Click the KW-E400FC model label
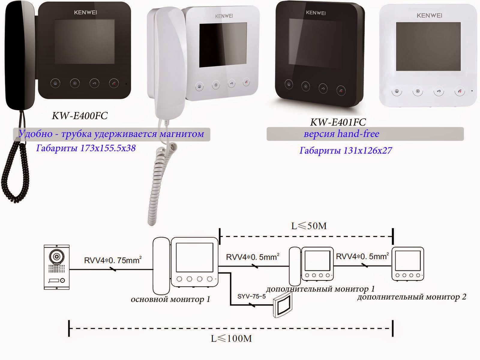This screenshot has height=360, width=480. point(79,116)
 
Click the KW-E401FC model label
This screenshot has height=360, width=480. point(338,122)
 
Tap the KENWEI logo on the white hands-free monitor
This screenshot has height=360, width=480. point(429,15)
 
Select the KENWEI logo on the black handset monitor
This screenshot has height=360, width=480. point(85,13)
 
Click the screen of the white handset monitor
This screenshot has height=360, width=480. point(223,45)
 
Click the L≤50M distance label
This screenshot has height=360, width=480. point(309,226)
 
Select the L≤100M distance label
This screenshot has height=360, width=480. point(231,339)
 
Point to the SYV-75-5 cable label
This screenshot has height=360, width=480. point(251,296)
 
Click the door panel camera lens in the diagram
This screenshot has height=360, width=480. point(57,257)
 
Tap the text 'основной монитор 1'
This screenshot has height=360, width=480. point(170,299)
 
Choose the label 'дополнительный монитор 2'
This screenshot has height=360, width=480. point(412,297)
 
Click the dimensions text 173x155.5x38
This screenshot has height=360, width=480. point(108,148)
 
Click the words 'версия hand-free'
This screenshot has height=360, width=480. point(341,134)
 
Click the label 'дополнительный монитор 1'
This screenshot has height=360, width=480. point(320,289)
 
